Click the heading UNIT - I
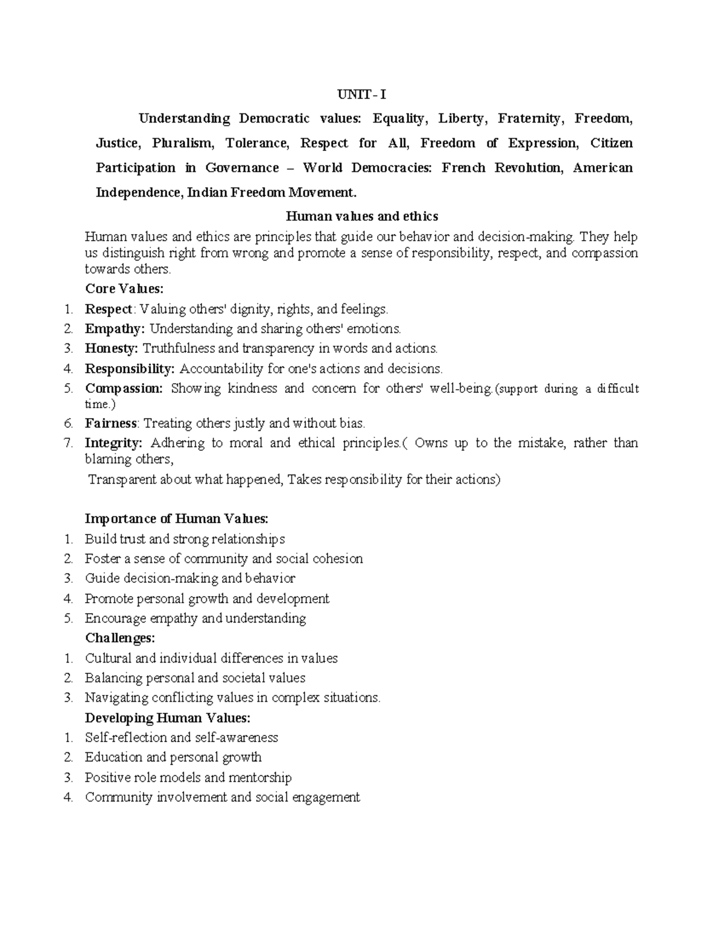click(x=361, y=95)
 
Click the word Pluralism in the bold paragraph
click(x=182, y=143)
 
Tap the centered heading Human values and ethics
click(x=361, y=216)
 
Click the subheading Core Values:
click(x=124, y=289)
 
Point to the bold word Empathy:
click(x=115, y=329)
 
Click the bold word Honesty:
click(x=112, y=348)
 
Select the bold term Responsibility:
click(x=130, y=369)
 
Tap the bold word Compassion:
click(x=124, y=389)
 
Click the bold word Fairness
click(x=111, y=424)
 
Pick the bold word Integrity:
click(x=113, y=443)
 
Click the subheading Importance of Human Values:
click(x=177, y=519)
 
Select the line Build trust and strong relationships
click(x=185, y=539)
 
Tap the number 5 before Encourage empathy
click(x=69, y=618)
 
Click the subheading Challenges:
click(x=120, y=638)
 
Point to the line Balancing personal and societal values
click(x=195, y=678)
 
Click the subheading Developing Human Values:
click(x=167, y=718)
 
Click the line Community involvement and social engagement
click(x=222, y=798)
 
